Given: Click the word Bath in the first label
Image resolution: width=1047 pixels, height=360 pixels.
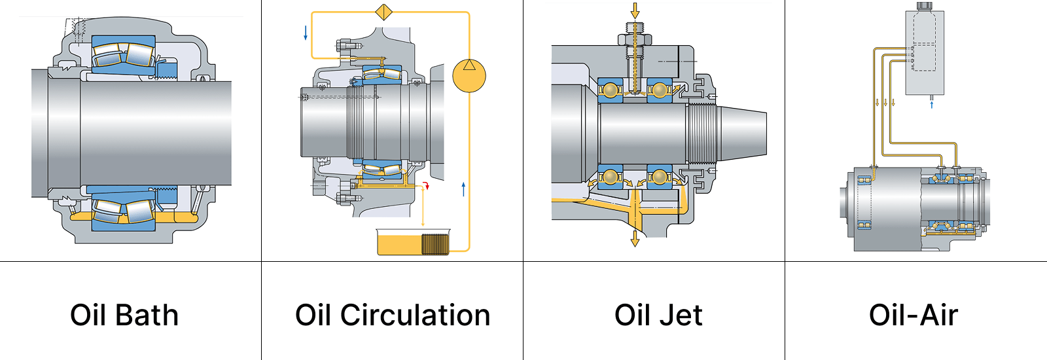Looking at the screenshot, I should click(x=147, y=315).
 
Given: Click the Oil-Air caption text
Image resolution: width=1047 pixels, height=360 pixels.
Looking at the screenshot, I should click(x=913, y=315).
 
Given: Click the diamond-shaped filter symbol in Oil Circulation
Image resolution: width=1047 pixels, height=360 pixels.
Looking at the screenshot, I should click(x=383, y=12).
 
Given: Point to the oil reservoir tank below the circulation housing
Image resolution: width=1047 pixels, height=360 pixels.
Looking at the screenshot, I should click(x=413, y=242).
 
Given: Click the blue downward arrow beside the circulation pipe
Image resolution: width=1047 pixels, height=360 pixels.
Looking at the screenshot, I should click(x=306, y=33).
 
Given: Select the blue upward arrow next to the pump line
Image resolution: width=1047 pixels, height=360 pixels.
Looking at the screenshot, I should click(x=463, y=189).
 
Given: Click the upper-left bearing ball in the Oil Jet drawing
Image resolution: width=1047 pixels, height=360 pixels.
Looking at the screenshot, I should click(x=612, y=89).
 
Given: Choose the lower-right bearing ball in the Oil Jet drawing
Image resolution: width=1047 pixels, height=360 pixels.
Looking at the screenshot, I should click(x=660, y=177).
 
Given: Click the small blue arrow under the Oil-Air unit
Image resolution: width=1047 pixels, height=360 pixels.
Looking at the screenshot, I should click(x=932, y=103).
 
